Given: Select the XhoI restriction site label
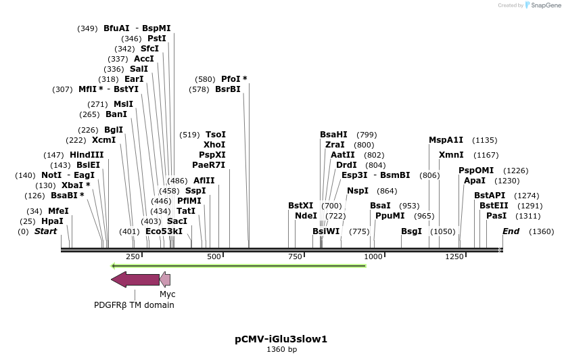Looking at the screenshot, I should [x=214, y=145].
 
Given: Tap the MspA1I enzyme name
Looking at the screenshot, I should [x=446, y=140].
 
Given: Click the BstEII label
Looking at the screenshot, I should [x=494, y=206].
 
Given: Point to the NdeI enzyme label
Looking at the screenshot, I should [x=306, y=216].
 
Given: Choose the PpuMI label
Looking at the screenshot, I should [x=390, y=216].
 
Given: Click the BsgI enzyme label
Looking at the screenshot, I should [x=411, y=231].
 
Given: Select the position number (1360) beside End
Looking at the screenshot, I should [x=541, y=231].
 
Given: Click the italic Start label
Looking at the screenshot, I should [x=45, y=231].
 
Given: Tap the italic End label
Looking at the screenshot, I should [x=511, y=231].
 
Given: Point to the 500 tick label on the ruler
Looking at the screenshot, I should [x=214, y=257].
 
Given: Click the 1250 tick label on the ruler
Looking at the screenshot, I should [x=454, y=257].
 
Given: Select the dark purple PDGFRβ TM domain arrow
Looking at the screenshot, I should [x=135, y=279].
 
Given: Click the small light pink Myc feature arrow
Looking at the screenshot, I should [x=164, y=279].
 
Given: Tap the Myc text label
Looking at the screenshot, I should [x=167, y=294].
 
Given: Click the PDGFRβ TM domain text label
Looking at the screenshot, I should [x=134, y=305].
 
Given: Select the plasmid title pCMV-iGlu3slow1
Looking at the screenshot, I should [x=281, y=339].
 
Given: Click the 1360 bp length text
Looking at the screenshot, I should [x=281, y=350].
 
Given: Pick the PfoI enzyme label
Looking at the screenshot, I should [x=234, y=79].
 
